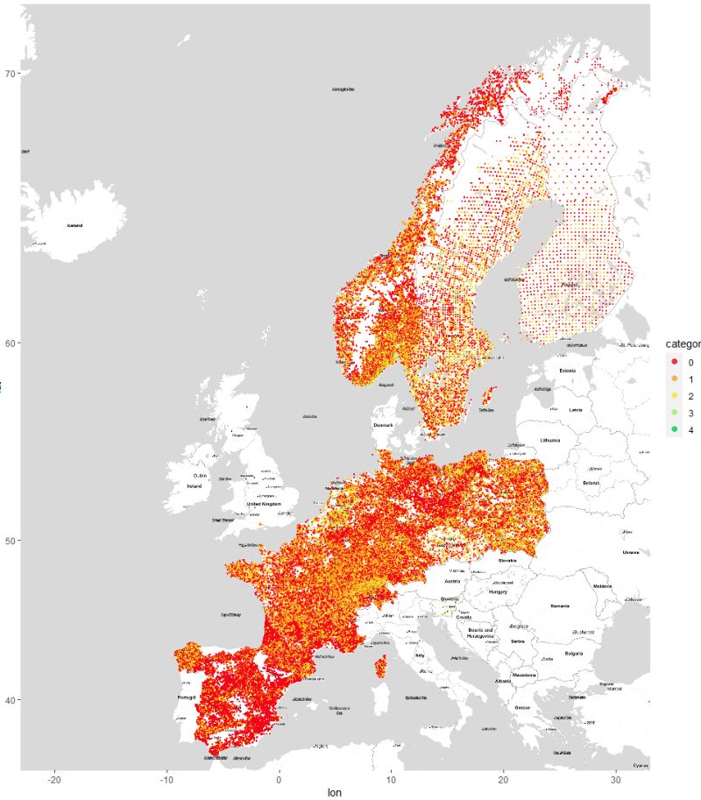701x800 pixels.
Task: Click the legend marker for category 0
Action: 672,362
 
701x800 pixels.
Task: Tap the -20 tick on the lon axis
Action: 54,780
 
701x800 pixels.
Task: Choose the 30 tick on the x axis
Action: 616,780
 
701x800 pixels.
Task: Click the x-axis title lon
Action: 334,792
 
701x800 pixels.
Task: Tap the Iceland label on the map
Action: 74,225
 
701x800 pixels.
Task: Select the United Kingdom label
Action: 264,504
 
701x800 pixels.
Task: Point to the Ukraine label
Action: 631,552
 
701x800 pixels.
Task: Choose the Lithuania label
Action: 549,440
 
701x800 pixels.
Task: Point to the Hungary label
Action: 498,591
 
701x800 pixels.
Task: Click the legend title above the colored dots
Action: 682,343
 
